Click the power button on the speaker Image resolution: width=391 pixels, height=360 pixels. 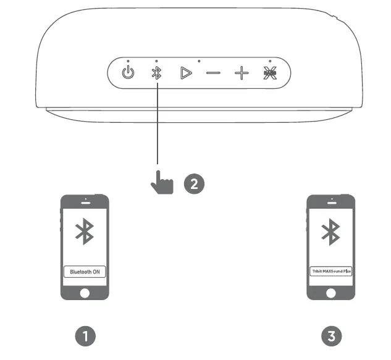pyautogui.click(x=128, y=73)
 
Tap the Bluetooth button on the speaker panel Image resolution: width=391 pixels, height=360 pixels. pyautogui.click(x=157, y=73)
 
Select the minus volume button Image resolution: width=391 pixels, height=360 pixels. pyautogui.click(x=213, y=73)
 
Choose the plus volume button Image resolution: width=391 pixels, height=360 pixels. pyautogui.click(x=242, y=73)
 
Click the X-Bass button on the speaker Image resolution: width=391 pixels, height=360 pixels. pyautogui.click(x=270, y=73)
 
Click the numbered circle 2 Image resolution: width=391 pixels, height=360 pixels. pyautogui.click(x=193, y=183)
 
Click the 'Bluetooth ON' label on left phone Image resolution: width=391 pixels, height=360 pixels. pyautogui.click(x=85, y=271)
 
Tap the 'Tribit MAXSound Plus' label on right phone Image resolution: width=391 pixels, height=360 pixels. pyautogui.click(x=331, y=271)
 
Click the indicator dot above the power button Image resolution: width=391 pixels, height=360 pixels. pyautogui.click(x=128, y=61)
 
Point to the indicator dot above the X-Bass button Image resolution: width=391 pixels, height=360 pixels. pyautogui.click(x=270, y=61)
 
